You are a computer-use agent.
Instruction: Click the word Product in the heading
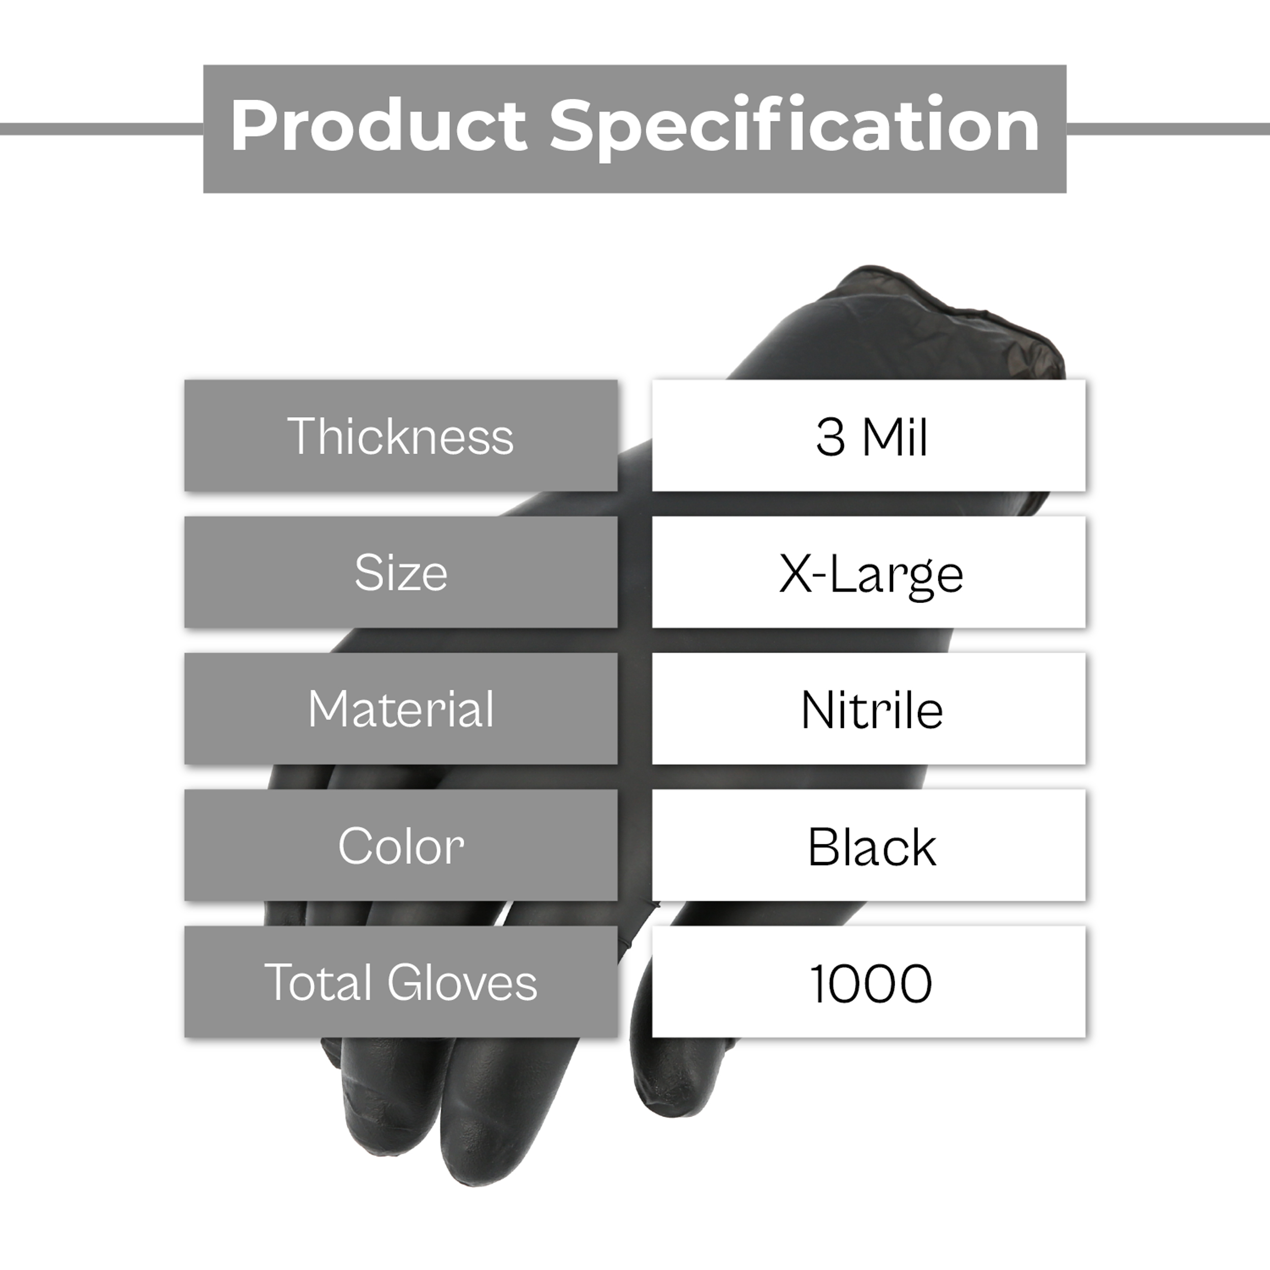click(x=378, y=125)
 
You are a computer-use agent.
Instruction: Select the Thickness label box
click(x=401, y=435)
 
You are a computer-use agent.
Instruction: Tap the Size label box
click(x=401, y=572)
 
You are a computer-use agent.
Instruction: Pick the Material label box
click(x=401, y=709)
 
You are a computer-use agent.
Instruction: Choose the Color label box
click(x=401, y=845)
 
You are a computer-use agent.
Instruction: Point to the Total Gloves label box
click(x=401, y=982)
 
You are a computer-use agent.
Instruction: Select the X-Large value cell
click(x=868, y=572)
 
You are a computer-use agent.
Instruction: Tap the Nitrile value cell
click(x=868, y=709)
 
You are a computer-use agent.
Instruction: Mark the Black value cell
click(x=868, y=845)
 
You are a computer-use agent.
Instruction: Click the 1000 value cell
click(x=868, y=982)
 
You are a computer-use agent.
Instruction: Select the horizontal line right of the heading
click(x=1168, y=129)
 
